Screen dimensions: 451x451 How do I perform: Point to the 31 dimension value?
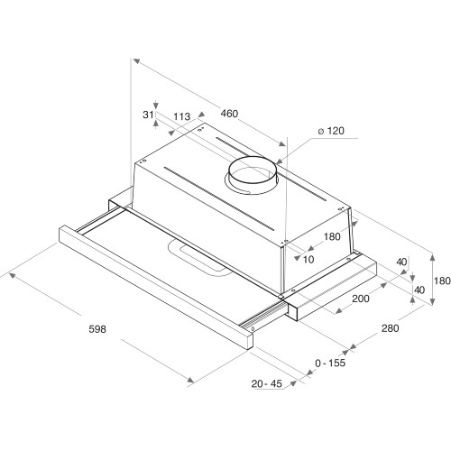(149, 115)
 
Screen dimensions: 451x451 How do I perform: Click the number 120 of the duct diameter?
(336, 132)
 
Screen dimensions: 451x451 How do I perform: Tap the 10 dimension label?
(309, 260)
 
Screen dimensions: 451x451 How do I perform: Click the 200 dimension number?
(361, 299)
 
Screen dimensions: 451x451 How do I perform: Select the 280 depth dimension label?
(390, 328)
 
